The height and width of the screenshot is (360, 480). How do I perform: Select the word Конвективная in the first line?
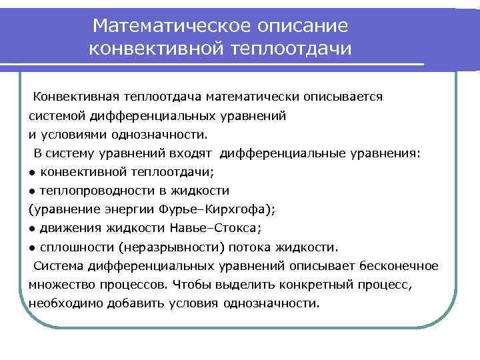(73, 97)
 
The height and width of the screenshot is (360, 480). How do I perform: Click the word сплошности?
(71, 247)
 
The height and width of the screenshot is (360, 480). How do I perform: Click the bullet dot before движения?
(32, 229)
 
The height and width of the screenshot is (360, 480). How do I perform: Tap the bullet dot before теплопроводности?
(32, 191)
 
